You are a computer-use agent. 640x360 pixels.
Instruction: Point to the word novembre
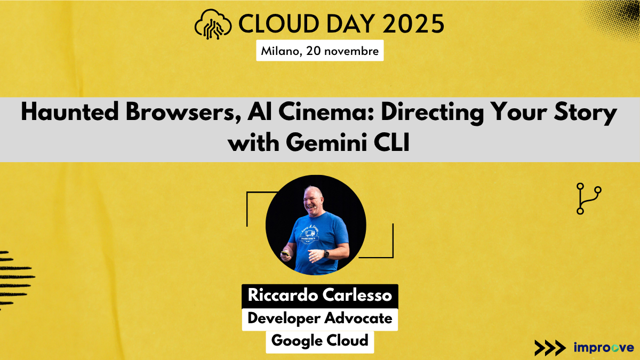(x=355, y=52)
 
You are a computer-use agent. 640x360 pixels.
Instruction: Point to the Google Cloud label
(x=320, y=340)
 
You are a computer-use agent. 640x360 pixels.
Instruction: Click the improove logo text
(x=603, y=347)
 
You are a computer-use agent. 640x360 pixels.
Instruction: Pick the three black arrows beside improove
(x=549, y=347)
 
